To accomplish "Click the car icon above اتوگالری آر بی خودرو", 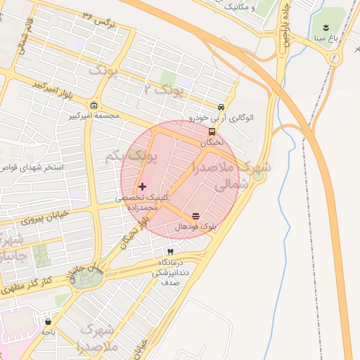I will (x=221, y=108).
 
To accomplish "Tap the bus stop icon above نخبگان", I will (x=212, y=131).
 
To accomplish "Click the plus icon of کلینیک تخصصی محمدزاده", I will (x=143, y=187).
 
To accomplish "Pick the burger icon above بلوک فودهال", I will (x=195, y=217).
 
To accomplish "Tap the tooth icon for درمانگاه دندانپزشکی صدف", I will (x=169, y=251).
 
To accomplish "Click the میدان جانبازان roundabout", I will (x=86, y=276).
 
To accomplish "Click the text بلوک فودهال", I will (x=195, y=228).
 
